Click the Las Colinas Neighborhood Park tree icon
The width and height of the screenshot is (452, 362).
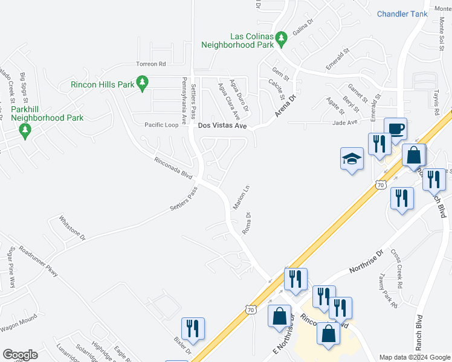[x=281, y=39]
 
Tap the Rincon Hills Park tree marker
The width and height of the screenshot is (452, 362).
[x=142, y=84]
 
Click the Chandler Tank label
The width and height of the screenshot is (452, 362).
[x=402, y=14]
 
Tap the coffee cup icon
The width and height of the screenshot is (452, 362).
[x=395, y=129]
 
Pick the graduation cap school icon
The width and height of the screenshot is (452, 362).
[x=352, y=159]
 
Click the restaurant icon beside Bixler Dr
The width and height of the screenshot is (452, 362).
[x=193, y=329]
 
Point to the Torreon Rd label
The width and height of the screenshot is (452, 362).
[x=150, y=63]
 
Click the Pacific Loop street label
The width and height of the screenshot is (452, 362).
[x=161, y=125]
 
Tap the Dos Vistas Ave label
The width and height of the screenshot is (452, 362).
[x=223, y=126]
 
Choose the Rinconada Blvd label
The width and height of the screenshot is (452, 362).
[x=173, y=169]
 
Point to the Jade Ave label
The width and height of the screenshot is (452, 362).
[x=345, y=122]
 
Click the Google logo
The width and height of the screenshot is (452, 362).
[x=20, y=355]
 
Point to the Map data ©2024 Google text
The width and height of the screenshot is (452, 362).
[x=414, y=357]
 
